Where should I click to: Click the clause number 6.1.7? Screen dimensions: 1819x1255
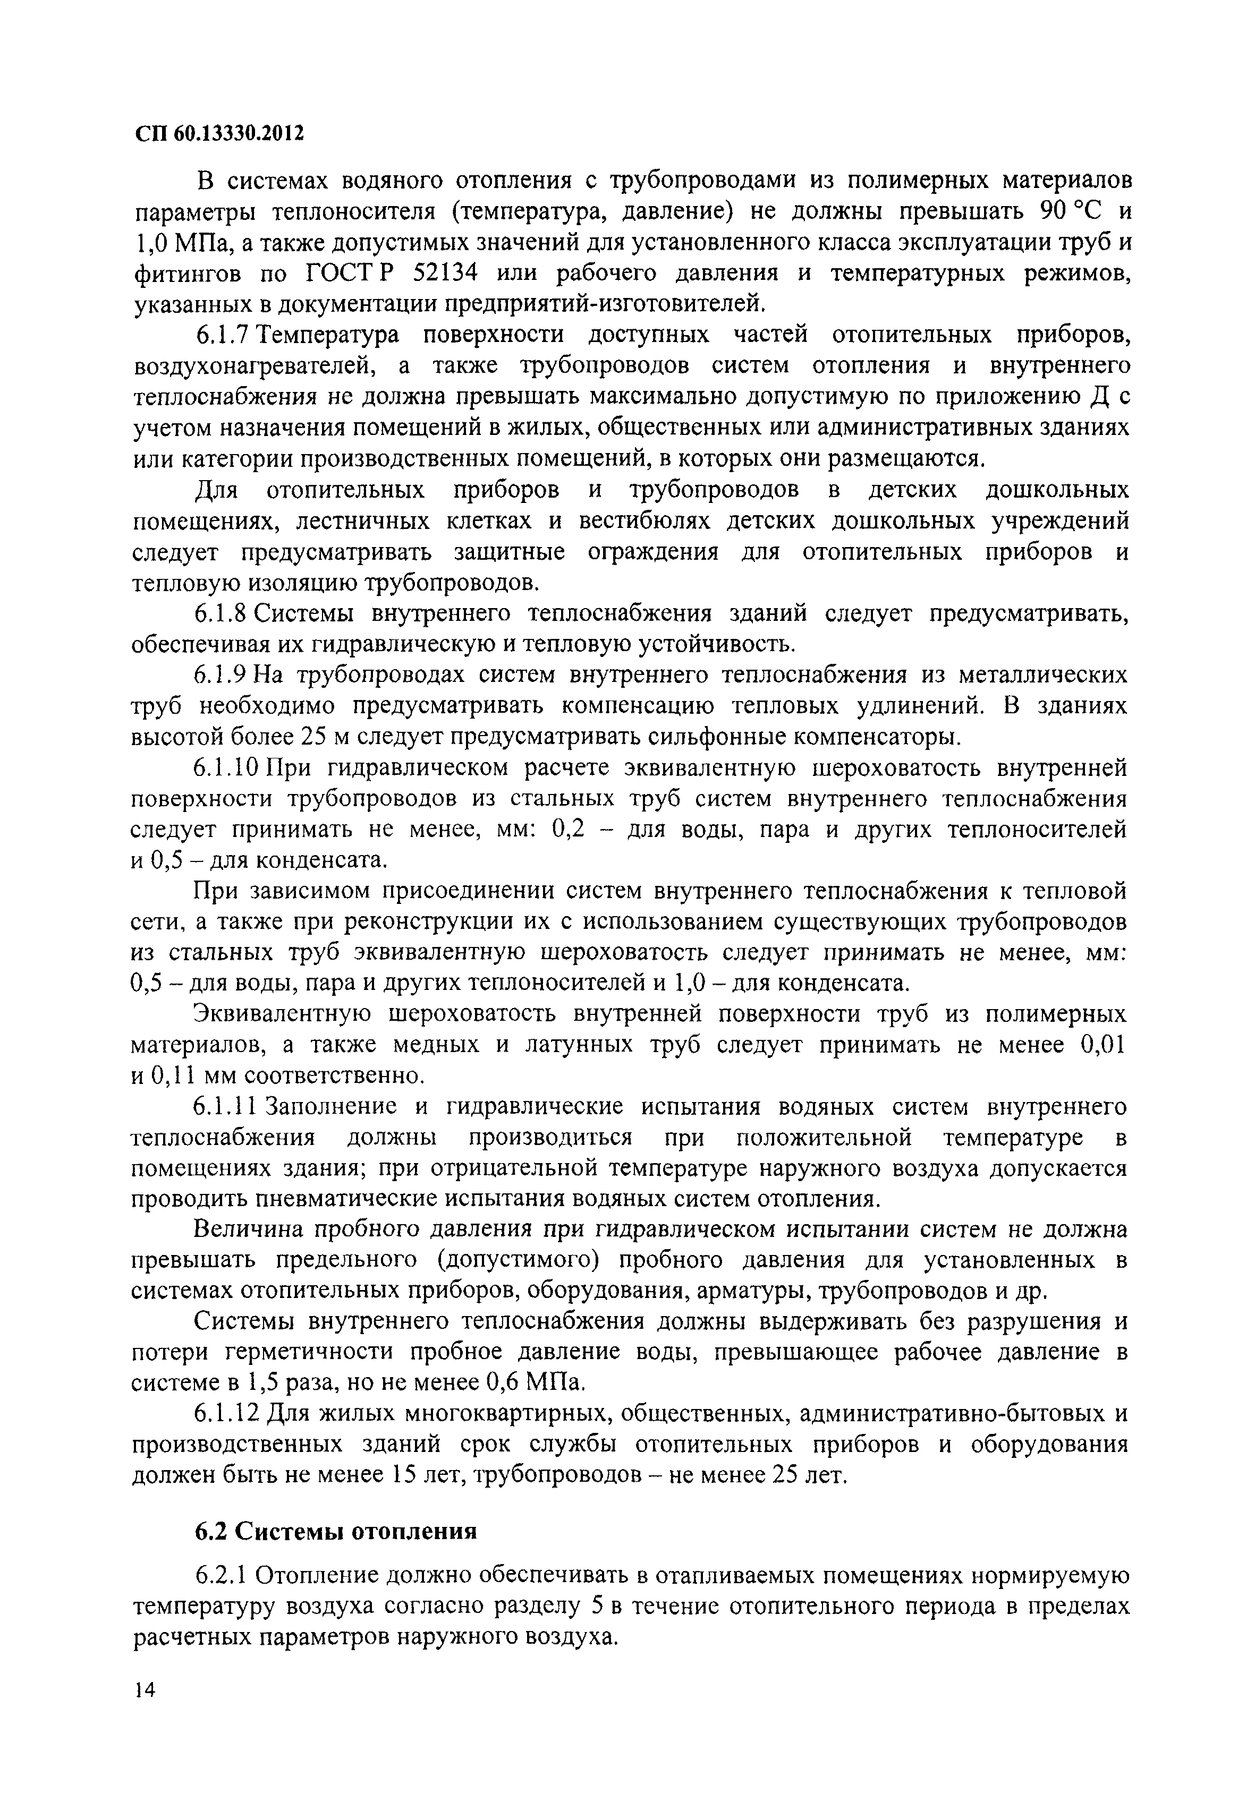click(x=223, y=335)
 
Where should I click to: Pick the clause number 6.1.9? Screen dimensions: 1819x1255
click(x=223, y=675)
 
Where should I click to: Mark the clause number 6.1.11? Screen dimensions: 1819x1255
click(x=228, y=1107)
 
